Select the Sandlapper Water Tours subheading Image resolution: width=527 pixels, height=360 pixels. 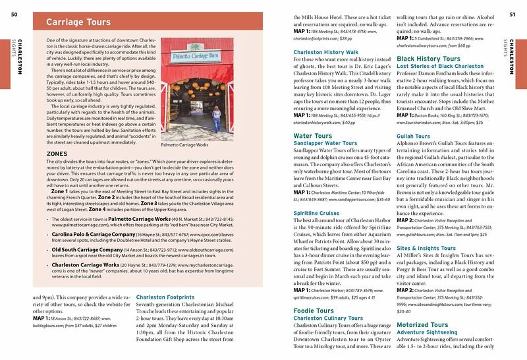point(325,142)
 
